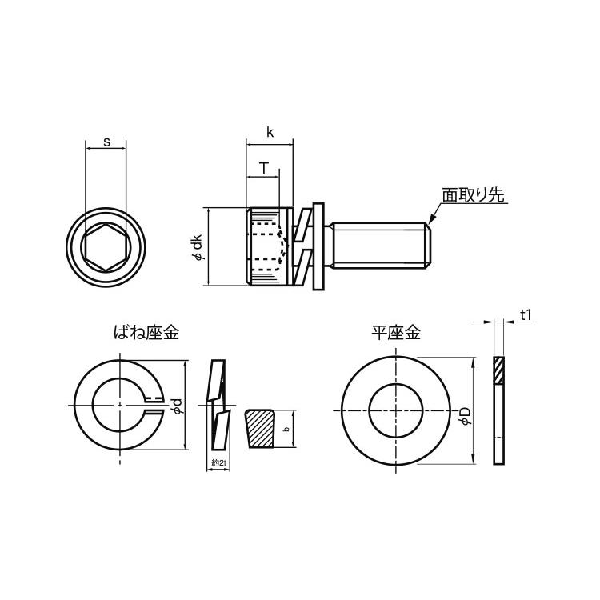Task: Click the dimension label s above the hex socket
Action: pos(106,142)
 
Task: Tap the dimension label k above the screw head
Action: pos(270,132)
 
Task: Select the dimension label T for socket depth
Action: pos(264,168)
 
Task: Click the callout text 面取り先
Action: pos(473,195)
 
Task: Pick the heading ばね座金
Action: pos(146,332)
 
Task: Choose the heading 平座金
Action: pos(396,332)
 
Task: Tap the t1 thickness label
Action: pos(526,316)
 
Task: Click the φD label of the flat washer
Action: pos(465,416)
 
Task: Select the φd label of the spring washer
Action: pos(177,406)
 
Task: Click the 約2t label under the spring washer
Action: pos(219,463)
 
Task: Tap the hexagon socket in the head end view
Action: pos(106,247)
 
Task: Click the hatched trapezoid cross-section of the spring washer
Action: pos(260,429)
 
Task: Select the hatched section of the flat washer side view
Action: pos(498,370)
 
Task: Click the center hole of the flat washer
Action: pos(396,410)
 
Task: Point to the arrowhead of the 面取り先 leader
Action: pos(431,219)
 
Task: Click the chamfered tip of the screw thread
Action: pos(429,246)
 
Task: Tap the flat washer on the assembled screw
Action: pos(318,246)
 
